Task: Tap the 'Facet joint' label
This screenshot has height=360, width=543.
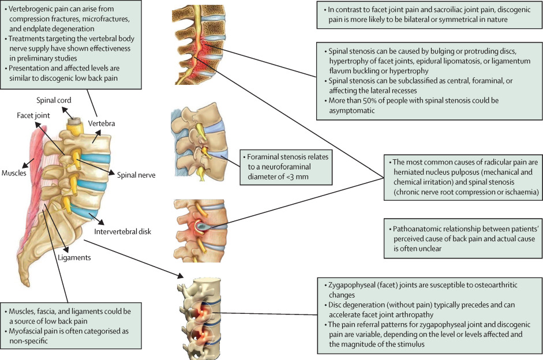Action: [x=32, y=115]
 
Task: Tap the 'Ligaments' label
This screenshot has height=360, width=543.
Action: [x=74, y=258]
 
